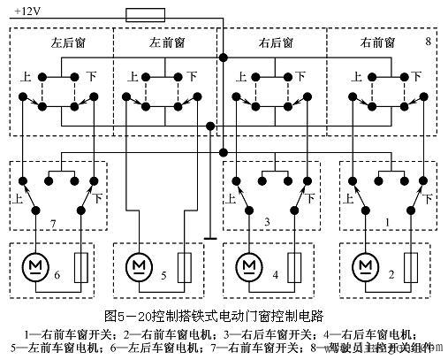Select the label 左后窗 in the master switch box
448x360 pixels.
pyautogui.click(x=59, y=42)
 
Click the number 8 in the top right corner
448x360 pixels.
pyautogui.click(x=428, y=41)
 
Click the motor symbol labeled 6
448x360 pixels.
pyautogui.click(x=37, y=265)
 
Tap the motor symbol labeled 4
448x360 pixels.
pyautogui.click(x=249, y=265)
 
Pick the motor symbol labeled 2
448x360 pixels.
pyautogui.click(x=363, y=265)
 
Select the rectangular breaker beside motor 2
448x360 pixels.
pyautogui.click(x=411, y=266)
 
